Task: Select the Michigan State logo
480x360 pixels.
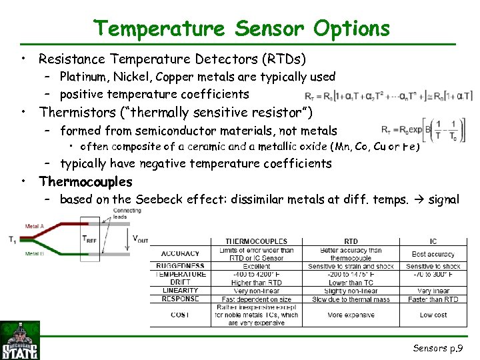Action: [20, 341]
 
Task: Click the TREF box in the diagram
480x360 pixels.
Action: [89, 239]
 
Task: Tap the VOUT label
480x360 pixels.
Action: [141, 239]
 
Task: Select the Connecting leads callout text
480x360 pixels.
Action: [127, 213]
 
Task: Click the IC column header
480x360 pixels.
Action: [433, 241]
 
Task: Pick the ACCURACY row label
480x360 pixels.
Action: [180, 253]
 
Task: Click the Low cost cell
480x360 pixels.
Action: [433, 315]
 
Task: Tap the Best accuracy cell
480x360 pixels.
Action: [433, 254]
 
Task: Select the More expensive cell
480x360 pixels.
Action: [351, 315]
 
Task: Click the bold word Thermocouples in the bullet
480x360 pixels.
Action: [85, 181]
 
